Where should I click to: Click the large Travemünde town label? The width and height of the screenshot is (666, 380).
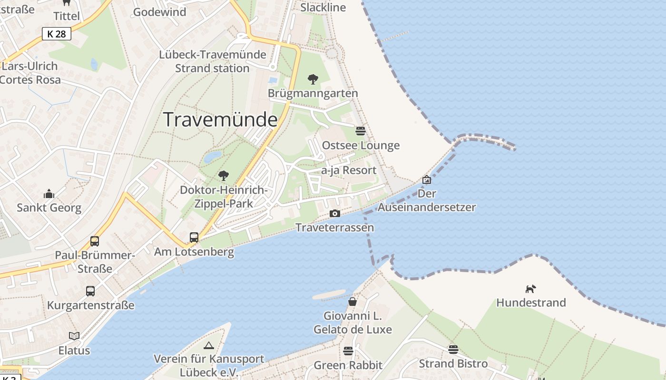[220, 119]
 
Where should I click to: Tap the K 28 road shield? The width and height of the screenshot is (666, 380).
[57, 34]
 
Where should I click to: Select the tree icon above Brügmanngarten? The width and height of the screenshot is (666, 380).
[313, 79]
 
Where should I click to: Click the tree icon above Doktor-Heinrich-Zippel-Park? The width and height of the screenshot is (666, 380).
[224, 176]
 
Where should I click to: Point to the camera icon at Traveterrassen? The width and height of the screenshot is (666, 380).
[335, 213]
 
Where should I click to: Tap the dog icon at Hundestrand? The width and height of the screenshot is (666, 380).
[530, 289]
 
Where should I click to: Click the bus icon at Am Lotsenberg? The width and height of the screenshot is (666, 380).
[194, 237]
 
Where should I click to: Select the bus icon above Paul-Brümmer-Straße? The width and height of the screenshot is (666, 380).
[95, 241]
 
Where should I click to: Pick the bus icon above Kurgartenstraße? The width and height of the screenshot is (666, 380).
[90, 291]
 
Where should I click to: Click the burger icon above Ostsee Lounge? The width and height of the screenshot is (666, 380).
[361, 131]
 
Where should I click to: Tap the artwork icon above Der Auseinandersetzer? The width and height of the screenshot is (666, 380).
[427, 180]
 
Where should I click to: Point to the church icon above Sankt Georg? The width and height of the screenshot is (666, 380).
[49, 194]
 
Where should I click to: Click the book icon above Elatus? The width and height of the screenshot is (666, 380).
[74, 336]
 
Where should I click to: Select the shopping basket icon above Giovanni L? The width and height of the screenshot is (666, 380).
[353, 302]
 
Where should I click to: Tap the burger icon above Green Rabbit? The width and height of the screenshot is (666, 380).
[348, 351]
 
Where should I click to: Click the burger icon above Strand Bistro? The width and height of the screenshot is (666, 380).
[453, 350]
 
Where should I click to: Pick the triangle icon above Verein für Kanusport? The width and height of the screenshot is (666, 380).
[208, 345]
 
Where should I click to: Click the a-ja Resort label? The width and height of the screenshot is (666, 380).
[349, 170]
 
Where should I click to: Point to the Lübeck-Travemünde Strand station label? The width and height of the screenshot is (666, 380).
[212, 61]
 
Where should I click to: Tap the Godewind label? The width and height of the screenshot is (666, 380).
[159, 12]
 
